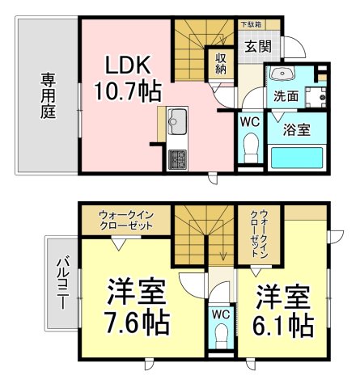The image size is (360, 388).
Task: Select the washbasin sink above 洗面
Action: point(284,75)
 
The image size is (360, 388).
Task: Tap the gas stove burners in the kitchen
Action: point(176,159)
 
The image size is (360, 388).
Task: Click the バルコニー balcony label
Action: point(61,282)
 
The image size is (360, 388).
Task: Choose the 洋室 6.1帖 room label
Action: point(284,310)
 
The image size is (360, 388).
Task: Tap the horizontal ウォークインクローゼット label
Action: point(125,220)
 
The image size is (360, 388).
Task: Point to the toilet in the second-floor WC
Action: point(219,334)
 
